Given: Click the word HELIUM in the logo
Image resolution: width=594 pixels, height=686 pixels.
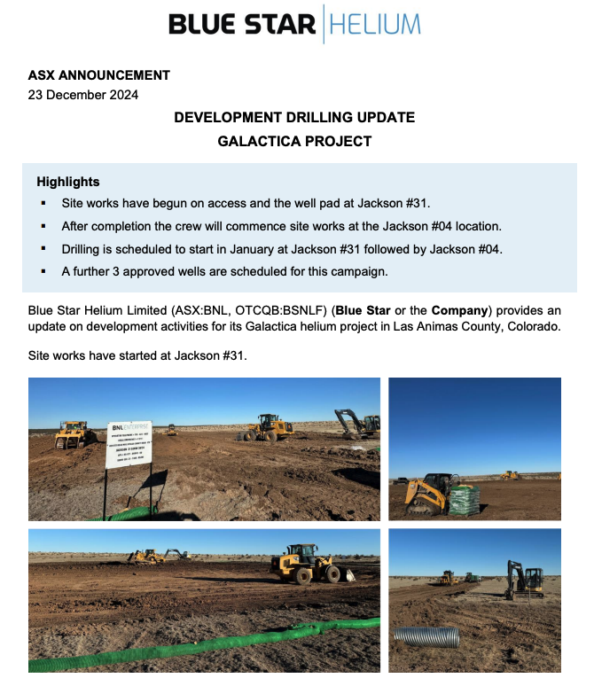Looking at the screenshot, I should pyautogui.click(x=375, y=24).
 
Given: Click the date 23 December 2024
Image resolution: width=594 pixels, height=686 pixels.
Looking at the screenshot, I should pyautogui.click(x=83, y=95).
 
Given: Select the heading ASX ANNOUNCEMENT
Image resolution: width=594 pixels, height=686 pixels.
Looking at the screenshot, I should pyautogui.click(x=98, y=75).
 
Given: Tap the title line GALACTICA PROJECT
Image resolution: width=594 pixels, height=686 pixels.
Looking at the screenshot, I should pyautogui.click(x=294, y=141).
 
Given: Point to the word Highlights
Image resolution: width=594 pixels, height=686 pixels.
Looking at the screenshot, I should pyautogui.click(x=68, y=182).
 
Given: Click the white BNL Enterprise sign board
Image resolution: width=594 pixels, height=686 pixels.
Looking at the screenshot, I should pyautogui.click(x=129, y=444).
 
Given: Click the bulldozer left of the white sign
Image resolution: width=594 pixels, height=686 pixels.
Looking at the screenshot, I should pyautogui.click(x=73, y=434).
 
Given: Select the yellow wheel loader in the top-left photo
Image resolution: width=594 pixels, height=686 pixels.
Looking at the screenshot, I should pyautogui.click(x=269, y=427).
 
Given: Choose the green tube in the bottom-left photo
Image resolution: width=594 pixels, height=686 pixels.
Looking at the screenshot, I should pyautogui.click(x=204, y=648).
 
